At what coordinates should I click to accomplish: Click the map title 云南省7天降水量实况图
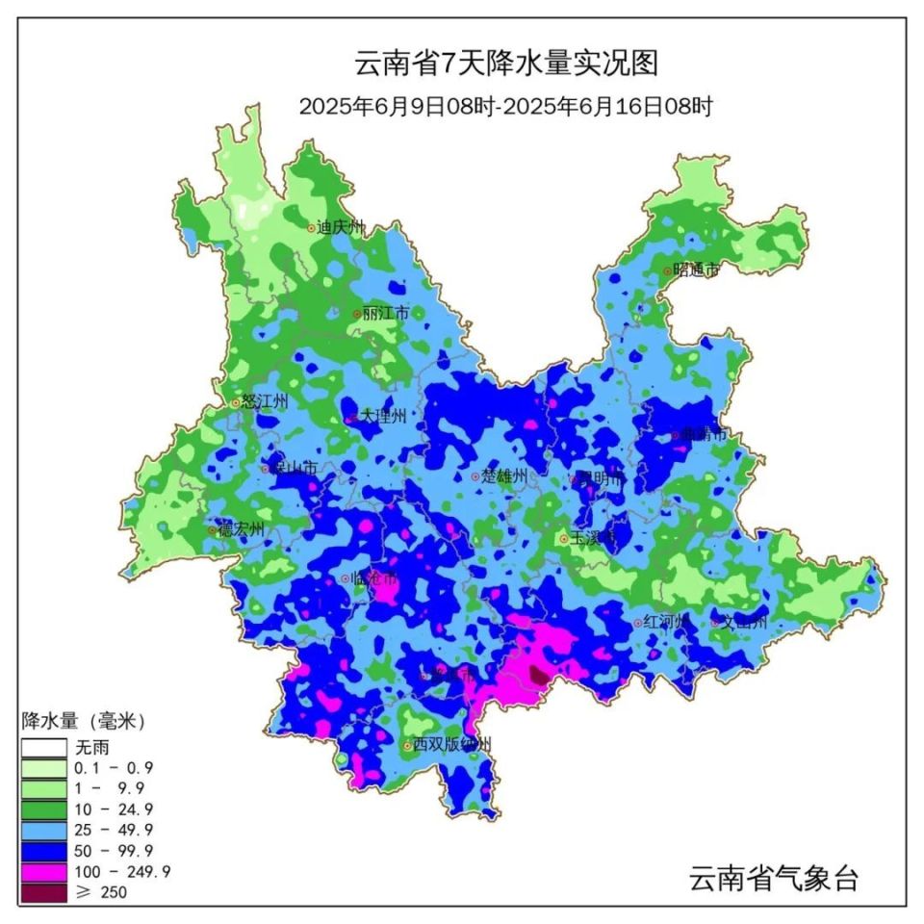point(506,64)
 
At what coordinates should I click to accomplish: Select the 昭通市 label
point(696,270)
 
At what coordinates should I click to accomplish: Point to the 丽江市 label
point(386,313)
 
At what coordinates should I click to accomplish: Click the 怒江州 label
point(265,402)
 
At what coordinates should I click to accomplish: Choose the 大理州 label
point(383,417)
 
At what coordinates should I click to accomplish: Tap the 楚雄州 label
point(504,475)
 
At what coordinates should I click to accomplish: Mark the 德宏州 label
point(241,529)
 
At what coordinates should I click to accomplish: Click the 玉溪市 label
point(592,538)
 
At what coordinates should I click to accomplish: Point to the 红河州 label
point(665,623)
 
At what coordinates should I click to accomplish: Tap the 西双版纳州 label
point(451,744)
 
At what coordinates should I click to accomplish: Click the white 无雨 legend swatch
point(44,746)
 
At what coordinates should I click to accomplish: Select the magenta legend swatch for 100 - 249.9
point(44,871)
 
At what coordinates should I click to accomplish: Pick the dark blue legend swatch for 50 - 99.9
point(44,850)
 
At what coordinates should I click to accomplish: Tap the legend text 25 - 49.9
point(113,829)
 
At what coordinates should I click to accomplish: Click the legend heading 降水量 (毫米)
point(84,721)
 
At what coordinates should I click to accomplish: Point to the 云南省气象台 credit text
point(773,878)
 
